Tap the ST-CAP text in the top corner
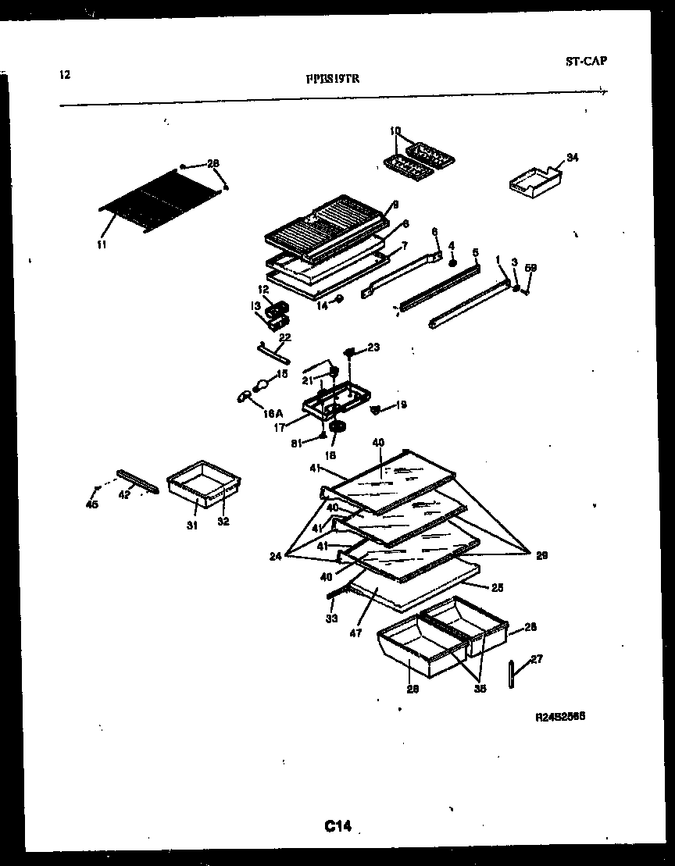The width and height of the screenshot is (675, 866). click(586, 61)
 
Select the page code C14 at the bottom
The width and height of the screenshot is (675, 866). click(337, 826)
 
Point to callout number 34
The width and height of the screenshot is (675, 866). click(572, 159)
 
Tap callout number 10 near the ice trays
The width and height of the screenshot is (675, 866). click(395, 130)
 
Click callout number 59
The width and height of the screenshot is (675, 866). click(531, 268)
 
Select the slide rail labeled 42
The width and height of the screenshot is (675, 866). click(138, 482)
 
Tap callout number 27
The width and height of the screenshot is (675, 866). click(536, 659)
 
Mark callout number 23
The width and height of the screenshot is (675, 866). click(373, 347)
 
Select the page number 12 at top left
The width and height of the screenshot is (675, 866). click(64, 75)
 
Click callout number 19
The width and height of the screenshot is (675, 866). click(401, 404)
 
